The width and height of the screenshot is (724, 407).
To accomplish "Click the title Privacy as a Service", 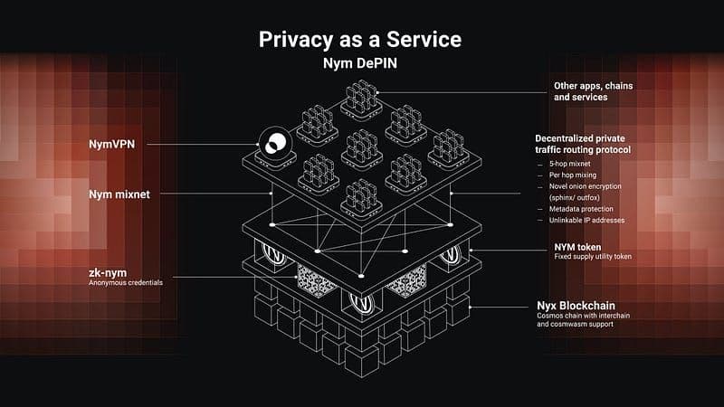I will [361, 40].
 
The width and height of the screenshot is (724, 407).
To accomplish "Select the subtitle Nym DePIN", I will [361, 65].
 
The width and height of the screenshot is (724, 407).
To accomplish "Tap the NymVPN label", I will [112, 143].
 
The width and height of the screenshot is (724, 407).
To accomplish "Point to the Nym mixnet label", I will [119, 194].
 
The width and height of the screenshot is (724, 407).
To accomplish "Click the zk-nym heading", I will [108, 271].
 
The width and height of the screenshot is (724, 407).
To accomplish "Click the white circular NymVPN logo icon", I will [271, 143].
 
